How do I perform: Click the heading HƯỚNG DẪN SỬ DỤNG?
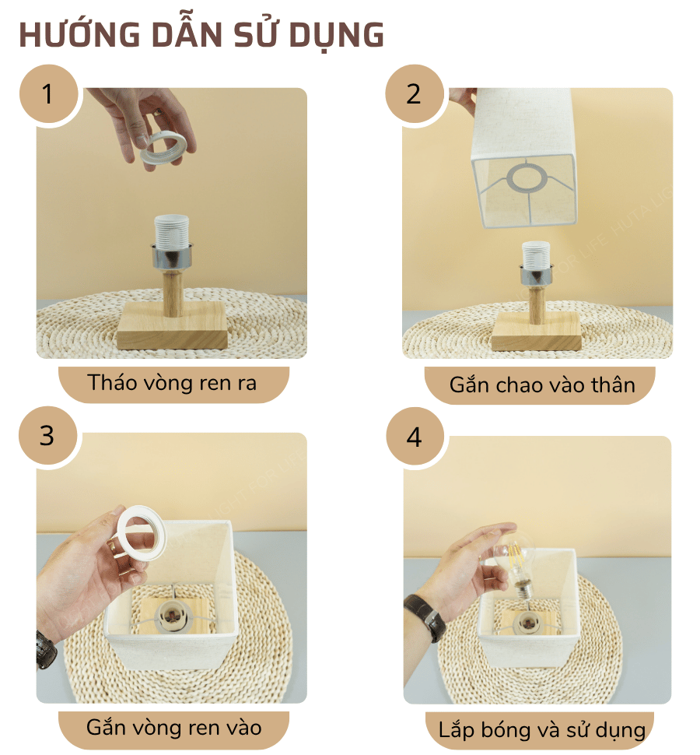tap(201, 35)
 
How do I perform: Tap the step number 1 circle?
tap(48, 94)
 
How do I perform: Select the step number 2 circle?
tap(414, 94)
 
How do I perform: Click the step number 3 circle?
tap(48, 435)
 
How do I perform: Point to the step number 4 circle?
tap(414, 437)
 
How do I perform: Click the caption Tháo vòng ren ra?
tap(173, 383)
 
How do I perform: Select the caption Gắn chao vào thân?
tap(541, 385)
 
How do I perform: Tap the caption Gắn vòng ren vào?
tap(173, 728)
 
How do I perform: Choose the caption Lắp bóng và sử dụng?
tap(541, 729)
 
